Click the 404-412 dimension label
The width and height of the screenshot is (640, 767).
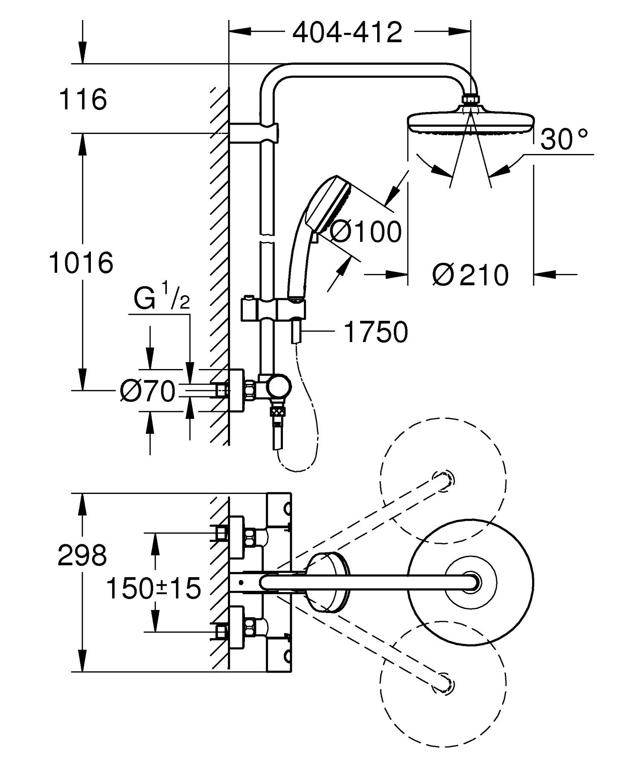347,32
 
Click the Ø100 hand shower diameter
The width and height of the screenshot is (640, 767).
366,232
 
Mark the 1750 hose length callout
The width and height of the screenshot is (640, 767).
375,332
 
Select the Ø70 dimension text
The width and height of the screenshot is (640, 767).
148,391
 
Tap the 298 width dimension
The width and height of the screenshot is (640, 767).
82,556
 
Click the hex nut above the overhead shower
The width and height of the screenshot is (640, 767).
471,99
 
